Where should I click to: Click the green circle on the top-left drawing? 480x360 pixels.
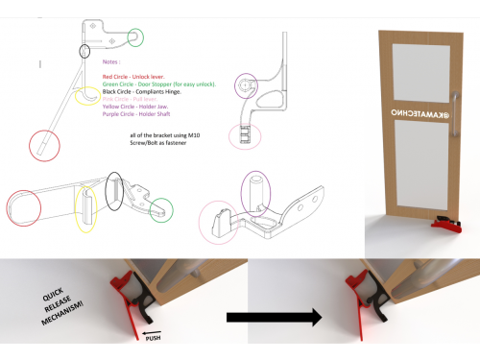pyautogui.click(x=138, y=37)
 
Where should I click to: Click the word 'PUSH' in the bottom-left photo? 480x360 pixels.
pyautogui.click(x=155, y=338)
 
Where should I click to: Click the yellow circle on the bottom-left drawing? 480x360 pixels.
pyautogui.click(x=87, y=205)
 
